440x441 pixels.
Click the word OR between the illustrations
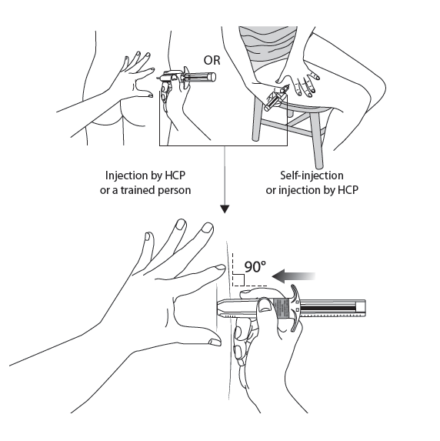click(212, 61)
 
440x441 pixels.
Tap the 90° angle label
click(255, 266)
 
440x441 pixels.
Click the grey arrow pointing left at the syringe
click(294, 276)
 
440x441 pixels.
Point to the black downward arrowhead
click(225, 209)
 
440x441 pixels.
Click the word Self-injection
click(312, 175)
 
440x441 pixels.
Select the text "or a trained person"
click(145, 190)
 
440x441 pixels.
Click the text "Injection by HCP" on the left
click(145, 175)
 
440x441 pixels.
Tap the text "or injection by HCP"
click(312, 190)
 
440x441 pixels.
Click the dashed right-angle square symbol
click(238, 280)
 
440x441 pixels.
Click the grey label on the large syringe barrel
click(282, 309)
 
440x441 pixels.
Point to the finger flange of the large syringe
click(295, 308)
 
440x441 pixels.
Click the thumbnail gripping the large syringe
click(265, 306)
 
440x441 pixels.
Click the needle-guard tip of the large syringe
click(221, 309)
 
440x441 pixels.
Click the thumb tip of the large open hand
click(215, 342)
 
